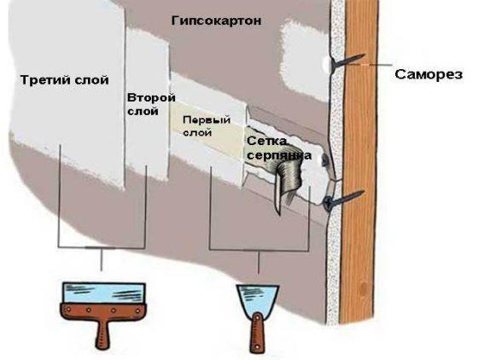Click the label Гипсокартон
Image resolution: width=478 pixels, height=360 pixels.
tap(216, 21)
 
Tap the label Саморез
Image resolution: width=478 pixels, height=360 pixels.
tap(428, 74)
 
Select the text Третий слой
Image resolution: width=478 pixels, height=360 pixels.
tap(64, 80)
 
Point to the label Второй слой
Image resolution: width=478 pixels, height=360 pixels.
tap(151, 104)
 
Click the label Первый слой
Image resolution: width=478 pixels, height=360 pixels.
tap(207, 126)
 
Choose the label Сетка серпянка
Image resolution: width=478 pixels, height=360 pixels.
tap(278, 148)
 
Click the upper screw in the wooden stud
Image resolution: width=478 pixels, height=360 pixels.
tap(347, 61)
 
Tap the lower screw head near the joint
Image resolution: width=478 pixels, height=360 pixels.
tap(329, 202)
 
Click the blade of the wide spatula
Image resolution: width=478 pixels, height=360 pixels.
tap(103, 293)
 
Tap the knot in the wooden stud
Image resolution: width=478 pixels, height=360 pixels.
tap(363, 288)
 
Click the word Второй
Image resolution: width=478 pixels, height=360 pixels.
tap(151, 98)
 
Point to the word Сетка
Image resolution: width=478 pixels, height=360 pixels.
tap(266, 142)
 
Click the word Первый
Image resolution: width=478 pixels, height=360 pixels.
tap(207, 120)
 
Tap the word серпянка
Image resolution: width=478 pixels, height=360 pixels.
tap(279, 155)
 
